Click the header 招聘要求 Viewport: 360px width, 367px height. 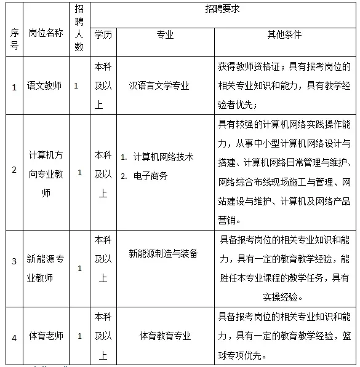click(x=223, y=10)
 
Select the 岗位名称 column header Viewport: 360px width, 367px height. click(x=46, y=33)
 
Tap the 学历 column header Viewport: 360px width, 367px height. click(x=103, y=35)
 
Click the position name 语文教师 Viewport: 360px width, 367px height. click(x=46, y=86)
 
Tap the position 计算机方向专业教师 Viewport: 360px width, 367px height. click(x=46, y=173)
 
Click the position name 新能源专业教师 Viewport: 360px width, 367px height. click(x=46, y=269)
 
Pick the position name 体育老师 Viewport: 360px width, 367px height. click(x=46, y=336)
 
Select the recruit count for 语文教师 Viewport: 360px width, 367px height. click(x=76, y=86)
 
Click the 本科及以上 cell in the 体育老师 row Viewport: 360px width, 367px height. click(x=103, y=336)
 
